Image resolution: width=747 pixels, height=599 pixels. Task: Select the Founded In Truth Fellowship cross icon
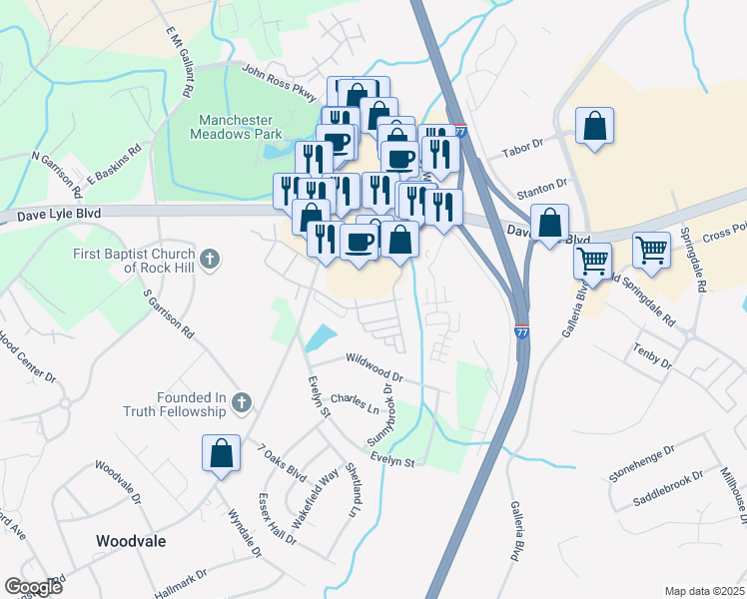click(x=240, y=403)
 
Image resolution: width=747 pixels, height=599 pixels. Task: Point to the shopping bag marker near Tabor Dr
click(x=594, y=127)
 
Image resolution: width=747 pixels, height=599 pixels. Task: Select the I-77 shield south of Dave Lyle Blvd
click(x=521, y=331)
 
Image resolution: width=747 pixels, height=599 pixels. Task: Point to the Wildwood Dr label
click(x=373, y=367)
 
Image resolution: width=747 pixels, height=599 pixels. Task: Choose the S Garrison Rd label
click(x=168, y=316)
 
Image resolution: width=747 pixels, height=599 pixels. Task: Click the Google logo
click(x=33, y=587)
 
